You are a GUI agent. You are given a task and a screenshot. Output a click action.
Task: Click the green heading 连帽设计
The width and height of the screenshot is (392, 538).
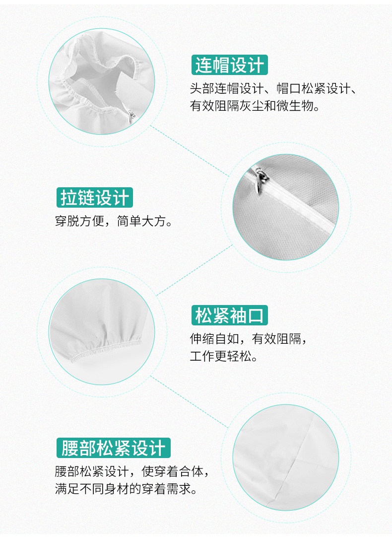tap(229, 65)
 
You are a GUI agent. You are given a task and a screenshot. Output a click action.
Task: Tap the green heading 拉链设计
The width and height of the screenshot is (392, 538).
tap(94, 197)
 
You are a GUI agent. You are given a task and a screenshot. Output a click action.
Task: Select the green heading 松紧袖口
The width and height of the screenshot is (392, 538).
tap(229, 315)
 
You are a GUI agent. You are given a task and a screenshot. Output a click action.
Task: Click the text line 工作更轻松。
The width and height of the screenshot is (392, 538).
tap(224, 357)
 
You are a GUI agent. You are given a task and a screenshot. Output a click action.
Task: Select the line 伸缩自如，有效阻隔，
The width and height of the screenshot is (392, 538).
tap(252, 339)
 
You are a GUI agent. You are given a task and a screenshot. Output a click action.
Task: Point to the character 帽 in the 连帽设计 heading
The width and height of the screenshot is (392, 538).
tap(220, 65)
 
